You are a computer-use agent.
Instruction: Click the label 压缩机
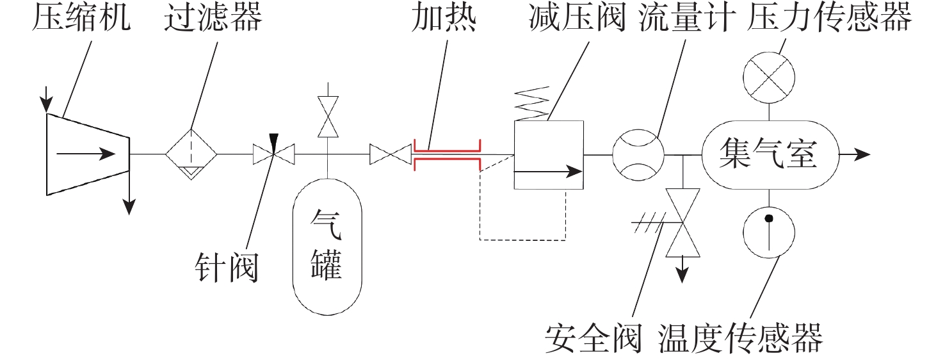[81, 18]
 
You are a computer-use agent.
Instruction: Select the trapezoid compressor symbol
[88, 154]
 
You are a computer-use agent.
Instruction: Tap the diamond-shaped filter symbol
[191, 154]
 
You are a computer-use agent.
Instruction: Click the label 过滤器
[213, 18]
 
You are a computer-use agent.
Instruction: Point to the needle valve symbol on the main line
[274, 154]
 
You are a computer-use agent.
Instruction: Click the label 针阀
[226, 268]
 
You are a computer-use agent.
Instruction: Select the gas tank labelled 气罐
[327, 247]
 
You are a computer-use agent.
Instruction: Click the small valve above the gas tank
[328, 117]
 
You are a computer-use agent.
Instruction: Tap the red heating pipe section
[448, 154]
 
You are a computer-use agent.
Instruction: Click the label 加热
[444, 18]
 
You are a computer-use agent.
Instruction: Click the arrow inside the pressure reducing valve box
[549, 171]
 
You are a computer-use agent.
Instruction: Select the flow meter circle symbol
[638, 155]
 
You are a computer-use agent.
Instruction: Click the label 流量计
[687, 18]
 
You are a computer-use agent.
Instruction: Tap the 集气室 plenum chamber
[770, 154]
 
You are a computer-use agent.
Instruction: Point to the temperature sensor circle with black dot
[769, 233]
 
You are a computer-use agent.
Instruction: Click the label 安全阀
[594, 338]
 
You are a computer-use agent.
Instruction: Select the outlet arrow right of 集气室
[855, 154]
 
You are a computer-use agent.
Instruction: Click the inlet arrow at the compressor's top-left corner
[46, 99]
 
